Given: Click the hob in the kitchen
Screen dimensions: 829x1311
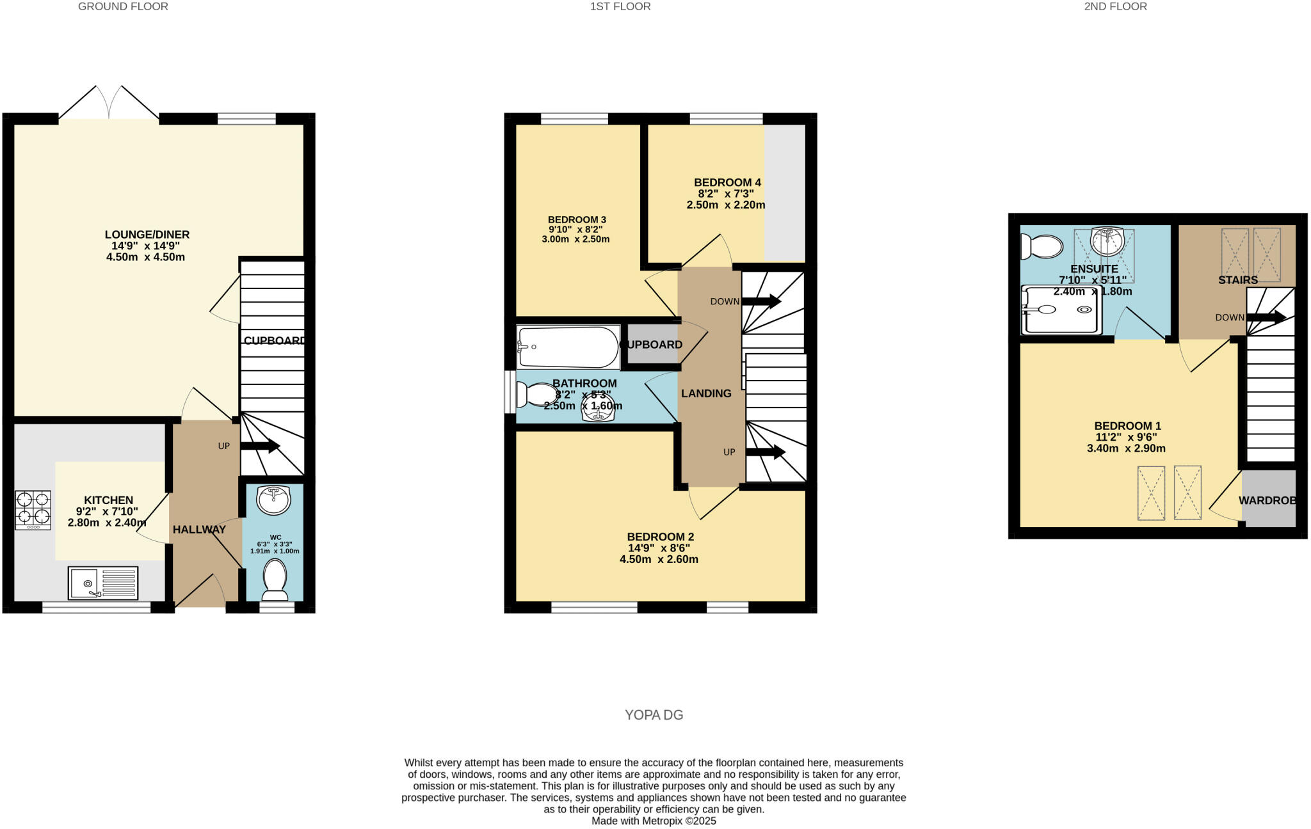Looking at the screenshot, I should (33, 509).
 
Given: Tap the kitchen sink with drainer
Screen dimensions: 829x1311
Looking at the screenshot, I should (103, 583).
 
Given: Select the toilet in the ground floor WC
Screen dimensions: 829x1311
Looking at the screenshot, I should (275, 580).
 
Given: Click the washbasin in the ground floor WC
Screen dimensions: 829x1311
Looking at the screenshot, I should (273, 499).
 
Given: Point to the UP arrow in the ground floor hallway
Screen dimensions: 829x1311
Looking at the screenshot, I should (260, 446).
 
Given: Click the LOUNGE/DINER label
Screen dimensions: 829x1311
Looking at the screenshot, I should (147, 235).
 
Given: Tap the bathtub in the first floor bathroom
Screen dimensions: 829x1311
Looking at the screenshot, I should (567, 347).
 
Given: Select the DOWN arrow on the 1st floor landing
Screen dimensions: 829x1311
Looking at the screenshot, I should (761, 301).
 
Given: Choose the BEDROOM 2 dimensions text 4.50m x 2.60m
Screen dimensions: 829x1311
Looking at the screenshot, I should (659, 559).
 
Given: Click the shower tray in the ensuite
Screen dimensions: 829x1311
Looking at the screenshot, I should (1061, 310).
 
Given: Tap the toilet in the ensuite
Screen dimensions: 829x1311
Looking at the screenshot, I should (1042, 246).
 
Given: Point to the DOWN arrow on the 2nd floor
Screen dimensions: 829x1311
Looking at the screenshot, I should (1266, 317).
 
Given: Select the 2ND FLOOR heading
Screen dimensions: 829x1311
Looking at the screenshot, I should (1115, 6).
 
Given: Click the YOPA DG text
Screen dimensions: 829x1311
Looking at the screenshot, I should (654, 715).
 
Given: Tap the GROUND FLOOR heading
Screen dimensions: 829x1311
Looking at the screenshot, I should (123, 6).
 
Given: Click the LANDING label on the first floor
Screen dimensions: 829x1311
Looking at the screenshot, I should (706, 393).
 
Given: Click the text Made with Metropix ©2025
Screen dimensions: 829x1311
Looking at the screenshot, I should (654, 821).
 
